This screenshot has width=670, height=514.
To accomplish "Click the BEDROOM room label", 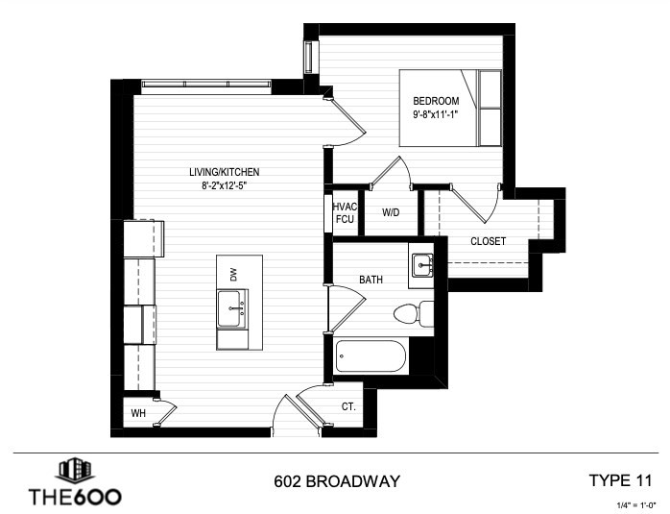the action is (x=436, y=101).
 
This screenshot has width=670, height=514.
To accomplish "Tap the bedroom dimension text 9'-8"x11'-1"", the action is (x=436, y=114).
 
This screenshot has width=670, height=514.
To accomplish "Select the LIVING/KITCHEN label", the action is (x=225, y=172).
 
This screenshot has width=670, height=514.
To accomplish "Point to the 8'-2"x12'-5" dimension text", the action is (x=225, y=185).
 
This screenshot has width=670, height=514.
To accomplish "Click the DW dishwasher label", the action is (x=233, y=275).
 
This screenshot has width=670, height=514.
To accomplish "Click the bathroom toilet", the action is (x=414, y=314).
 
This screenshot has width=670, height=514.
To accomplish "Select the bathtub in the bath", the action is (x=371, y=356).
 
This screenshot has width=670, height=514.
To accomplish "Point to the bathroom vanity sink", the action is (x=422, y=265).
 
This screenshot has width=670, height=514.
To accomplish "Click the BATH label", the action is (x=371, y=280).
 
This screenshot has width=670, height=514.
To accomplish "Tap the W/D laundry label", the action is (x=391, y=212).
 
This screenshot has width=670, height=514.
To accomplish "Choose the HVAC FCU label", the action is (x=345, y=213).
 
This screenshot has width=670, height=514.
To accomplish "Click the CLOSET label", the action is (x=488, y=241).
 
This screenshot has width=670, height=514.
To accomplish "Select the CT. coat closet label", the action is (x=348, y=406).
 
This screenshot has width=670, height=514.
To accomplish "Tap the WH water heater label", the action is (x=138, y=413).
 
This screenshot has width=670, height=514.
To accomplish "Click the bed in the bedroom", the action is (x=451, y=109).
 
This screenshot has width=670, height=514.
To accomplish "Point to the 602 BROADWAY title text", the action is (x=337, y=481).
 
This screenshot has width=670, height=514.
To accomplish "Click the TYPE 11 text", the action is (x=620, y=480).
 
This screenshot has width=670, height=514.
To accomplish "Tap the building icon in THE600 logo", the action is (x=75, y=471).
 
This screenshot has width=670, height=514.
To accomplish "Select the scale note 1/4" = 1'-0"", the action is (x=636, y=505).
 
